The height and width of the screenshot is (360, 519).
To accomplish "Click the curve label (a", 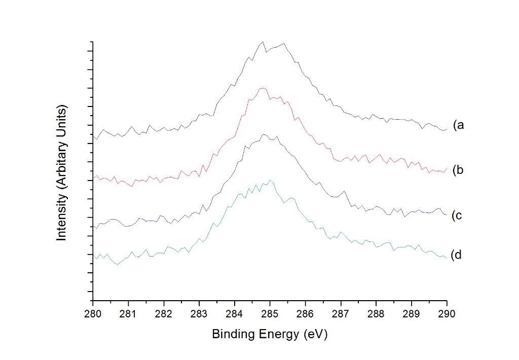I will click(459, 125).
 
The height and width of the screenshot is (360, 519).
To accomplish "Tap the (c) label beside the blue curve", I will click(458, 215).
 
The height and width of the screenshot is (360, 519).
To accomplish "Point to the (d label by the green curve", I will click(457, 255).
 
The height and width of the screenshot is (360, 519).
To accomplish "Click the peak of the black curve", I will click(263, 42).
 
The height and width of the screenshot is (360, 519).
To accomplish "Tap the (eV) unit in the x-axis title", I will click(314, 335).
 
